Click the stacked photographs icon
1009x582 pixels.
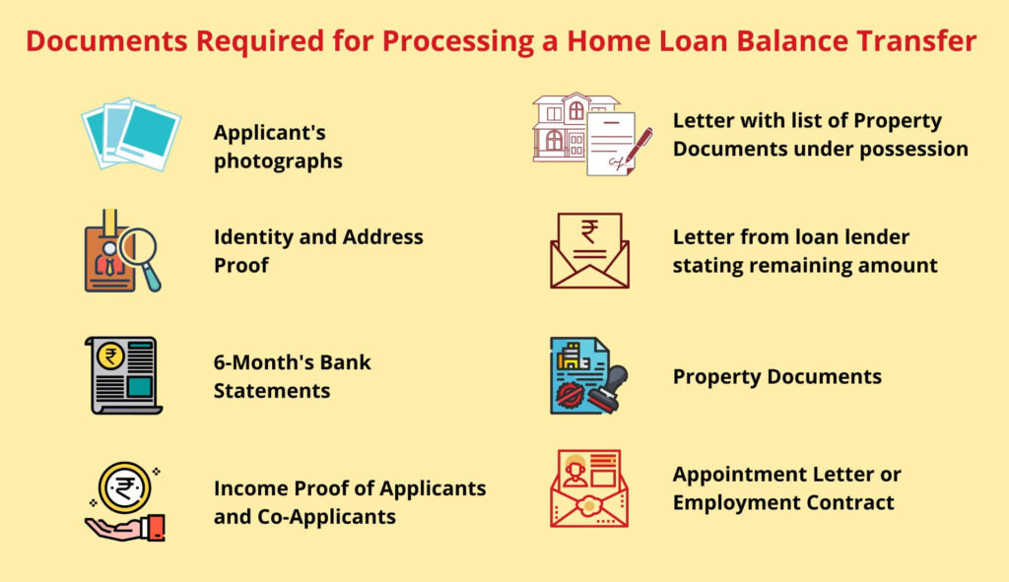coord(131,134)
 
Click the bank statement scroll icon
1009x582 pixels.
coord(123,375)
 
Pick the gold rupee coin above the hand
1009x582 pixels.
coord(124,487)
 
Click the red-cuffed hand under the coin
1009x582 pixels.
coord(126,527)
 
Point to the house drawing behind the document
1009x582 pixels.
coord(569,126)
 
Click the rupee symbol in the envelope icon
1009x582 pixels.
coord(589,231)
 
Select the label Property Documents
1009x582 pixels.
coord(776,377)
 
